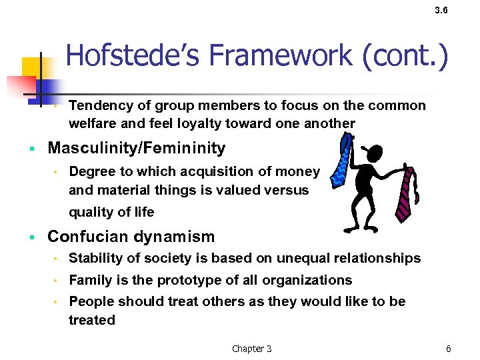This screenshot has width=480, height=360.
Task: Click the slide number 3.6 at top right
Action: pyautogui.click(x=441, y=11)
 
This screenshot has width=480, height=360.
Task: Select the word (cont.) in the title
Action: pyautogui.click(x=405, y=55)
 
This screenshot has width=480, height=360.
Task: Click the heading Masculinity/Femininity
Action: pyautogui.click(x=137, y=148)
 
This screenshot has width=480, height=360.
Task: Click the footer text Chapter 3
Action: pyautogui.click(x=251, y=349)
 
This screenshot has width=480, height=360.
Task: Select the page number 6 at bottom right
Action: pyautogui.click(x=449, y=349)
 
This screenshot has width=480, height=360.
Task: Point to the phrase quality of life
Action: pyautogui.click(x=111, y=212)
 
